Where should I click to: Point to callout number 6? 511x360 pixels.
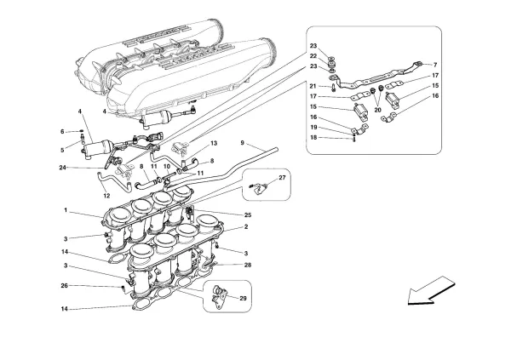tap(62, 131)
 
